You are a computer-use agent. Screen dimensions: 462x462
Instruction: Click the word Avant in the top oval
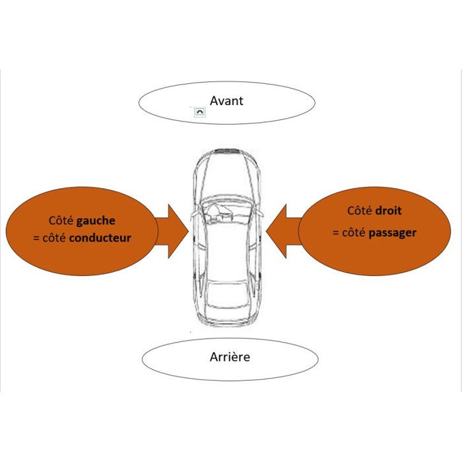pos(226,101)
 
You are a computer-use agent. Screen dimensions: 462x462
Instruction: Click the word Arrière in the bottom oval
pos(230,357)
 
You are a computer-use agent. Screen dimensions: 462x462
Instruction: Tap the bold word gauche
pos(97,221)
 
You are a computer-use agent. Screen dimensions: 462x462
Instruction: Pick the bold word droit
pos(388,211)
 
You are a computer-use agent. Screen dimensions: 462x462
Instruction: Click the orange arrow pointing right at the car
pos(173,230)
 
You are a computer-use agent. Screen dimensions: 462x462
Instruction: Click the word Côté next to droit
pos(360,211)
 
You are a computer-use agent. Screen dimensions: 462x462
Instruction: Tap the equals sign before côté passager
pos(335,233)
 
